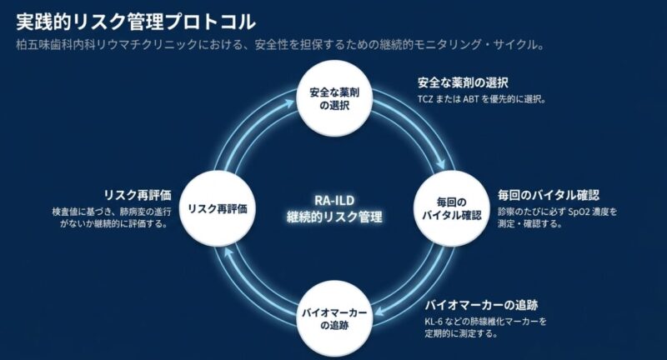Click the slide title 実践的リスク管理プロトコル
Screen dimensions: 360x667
137,17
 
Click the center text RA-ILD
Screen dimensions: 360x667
333,200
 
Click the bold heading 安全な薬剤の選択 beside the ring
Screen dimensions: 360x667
463,83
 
